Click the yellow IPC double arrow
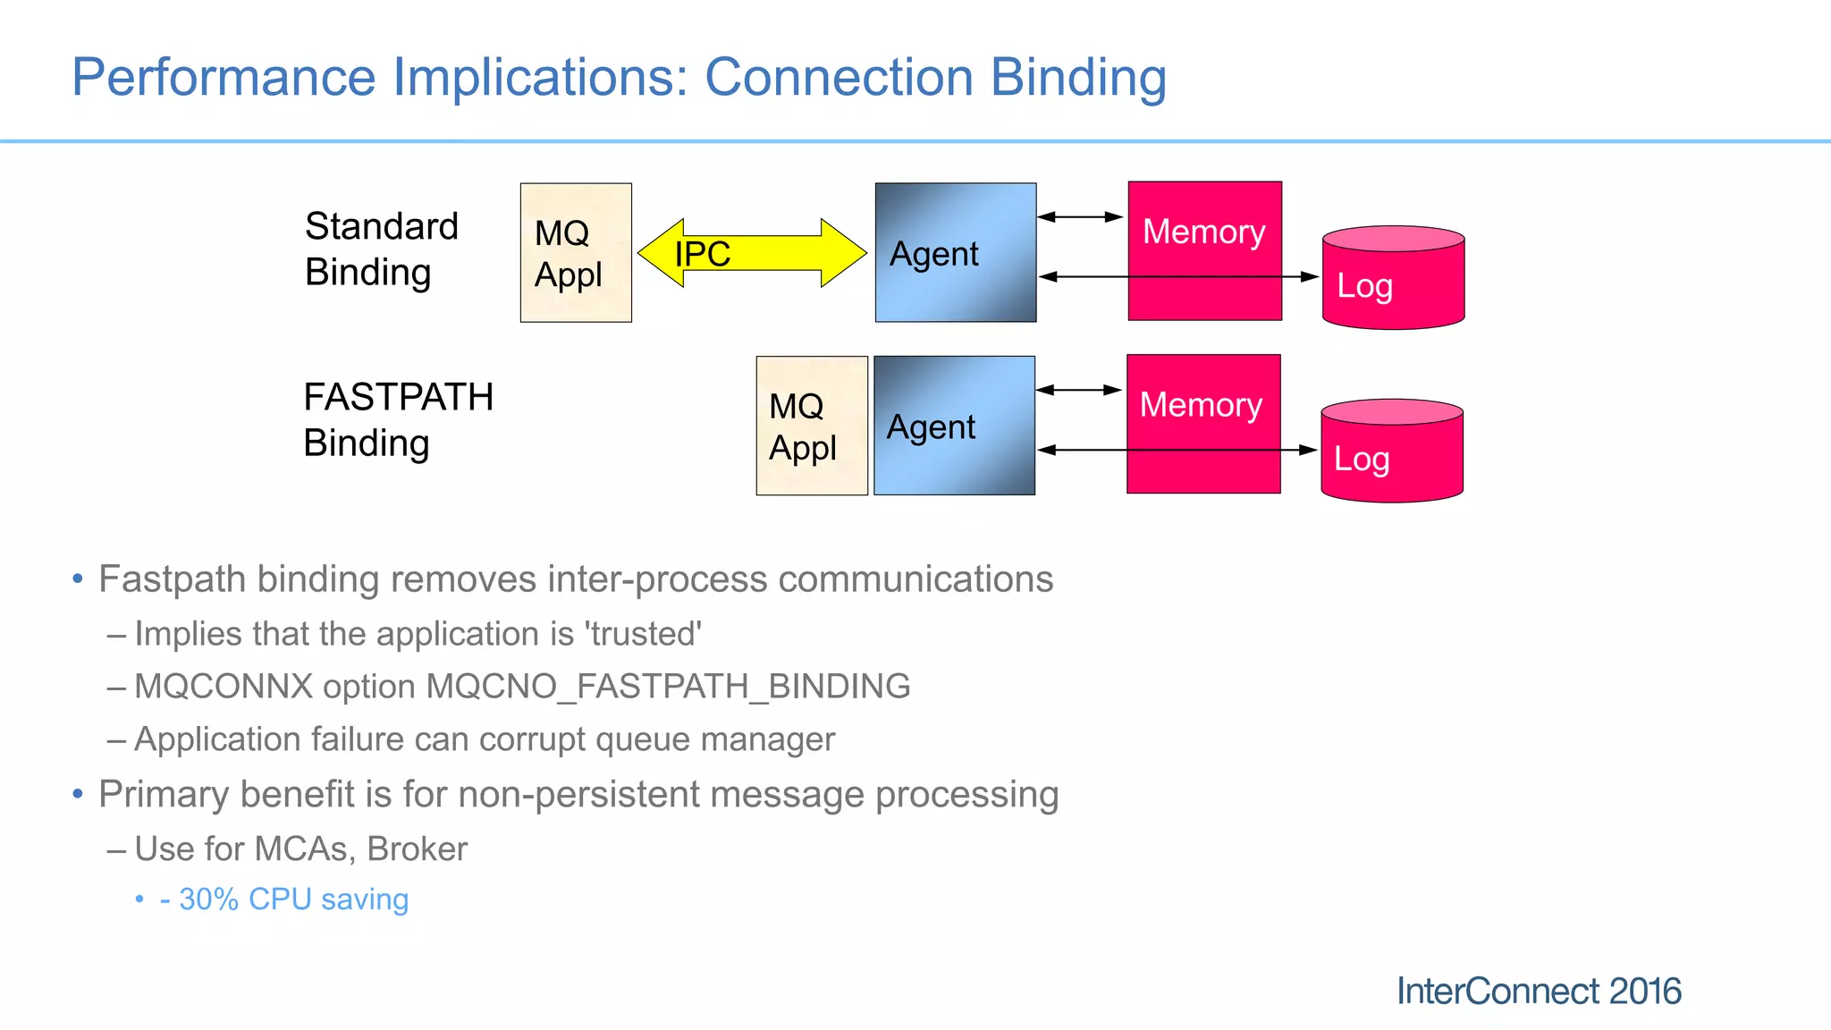point(752,253)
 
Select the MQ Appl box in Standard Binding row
point(576,253)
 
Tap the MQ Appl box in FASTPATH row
point(811,426)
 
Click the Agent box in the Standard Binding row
point(955,253)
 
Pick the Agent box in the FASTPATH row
point(954,426)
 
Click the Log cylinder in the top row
point(1393,279)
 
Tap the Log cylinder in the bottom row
point(1391,452)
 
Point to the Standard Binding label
point(381,249)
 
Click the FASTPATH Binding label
point(398,420)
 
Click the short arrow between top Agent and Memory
point(1080,216)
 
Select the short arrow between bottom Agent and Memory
point(1079,390)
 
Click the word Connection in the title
point(839,77)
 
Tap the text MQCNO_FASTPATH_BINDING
point(668,687)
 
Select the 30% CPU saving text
point(284,899)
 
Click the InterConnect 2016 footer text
point(1538,991)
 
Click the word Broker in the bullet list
point(417,849)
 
